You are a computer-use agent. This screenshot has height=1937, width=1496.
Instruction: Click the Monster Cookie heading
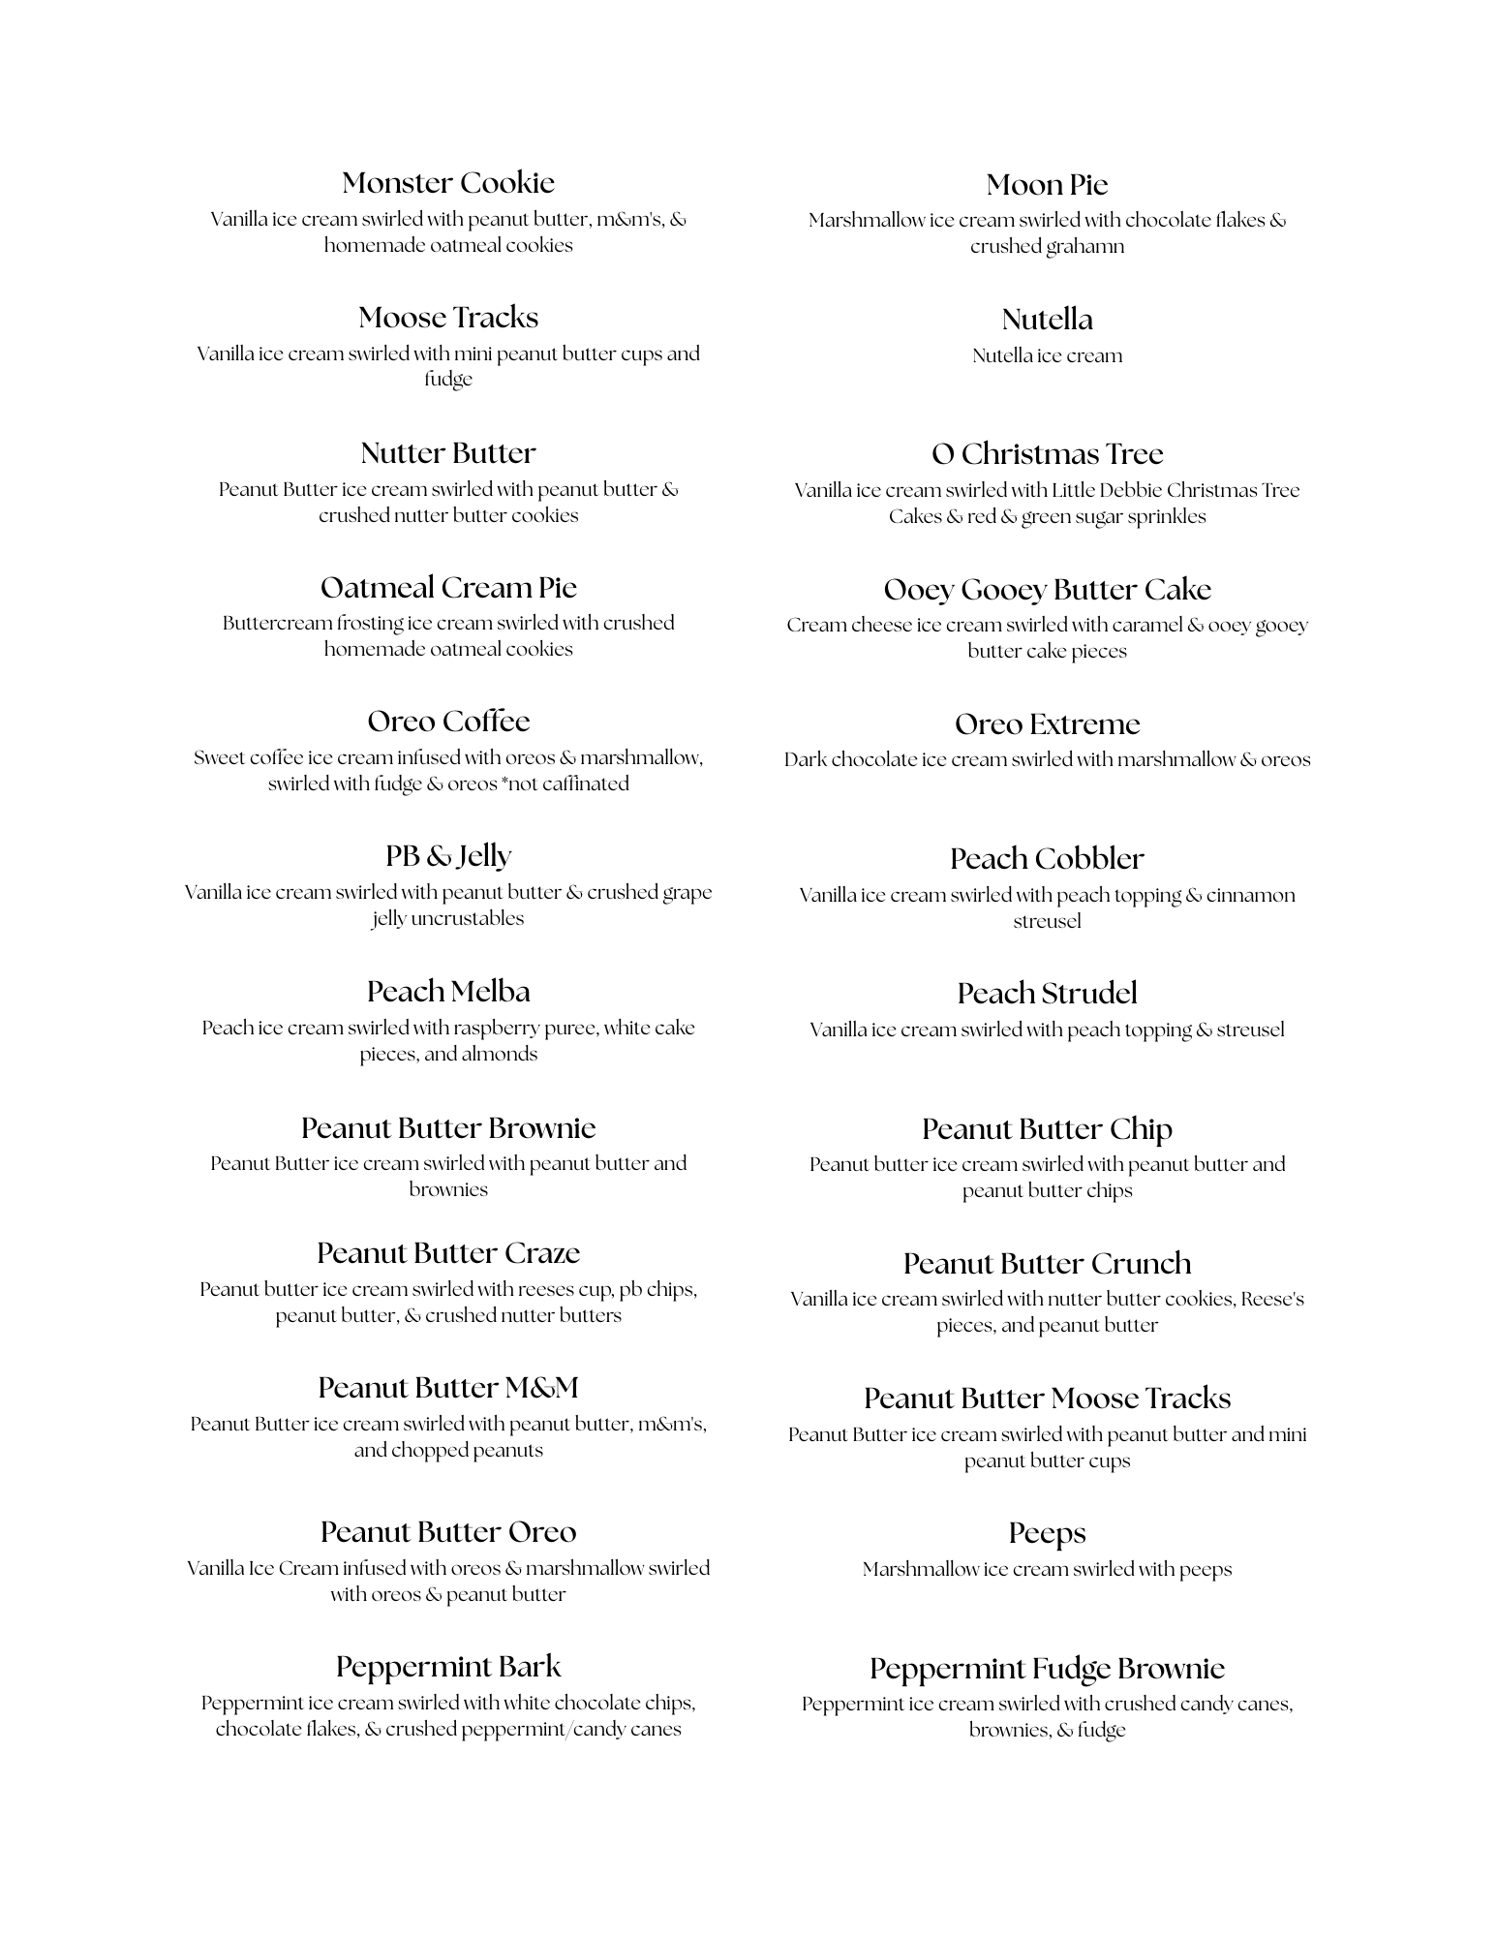pos(448,183)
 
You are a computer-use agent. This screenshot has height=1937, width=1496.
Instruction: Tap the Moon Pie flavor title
pos(1047,185)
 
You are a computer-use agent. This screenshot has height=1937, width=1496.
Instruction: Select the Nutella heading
pos(1047,320)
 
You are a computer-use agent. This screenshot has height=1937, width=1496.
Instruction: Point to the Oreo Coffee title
pos(448,722)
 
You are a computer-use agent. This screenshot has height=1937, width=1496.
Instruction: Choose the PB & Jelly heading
pos(448,856)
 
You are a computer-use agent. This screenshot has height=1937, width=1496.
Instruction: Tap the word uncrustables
pos(468,918)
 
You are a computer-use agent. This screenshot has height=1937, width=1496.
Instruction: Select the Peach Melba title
pos(448,992)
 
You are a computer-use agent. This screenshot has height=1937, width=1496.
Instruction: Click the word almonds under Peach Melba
pos(499,1054)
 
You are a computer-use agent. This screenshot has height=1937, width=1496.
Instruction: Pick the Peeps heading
pos(1047,1533)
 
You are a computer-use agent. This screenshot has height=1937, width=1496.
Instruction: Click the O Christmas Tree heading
pos(1047,454)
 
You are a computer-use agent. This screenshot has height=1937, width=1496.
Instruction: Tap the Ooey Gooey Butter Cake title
pos(1047,590)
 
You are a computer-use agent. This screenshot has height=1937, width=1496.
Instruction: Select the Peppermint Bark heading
pos(448,1667)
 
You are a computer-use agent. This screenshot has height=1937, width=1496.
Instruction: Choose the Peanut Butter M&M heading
pos(448,1388)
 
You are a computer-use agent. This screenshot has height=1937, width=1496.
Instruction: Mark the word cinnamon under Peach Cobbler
pos(1250,895)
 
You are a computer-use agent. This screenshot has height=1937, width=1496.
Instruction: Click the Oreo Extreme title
pos(1047,724)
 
